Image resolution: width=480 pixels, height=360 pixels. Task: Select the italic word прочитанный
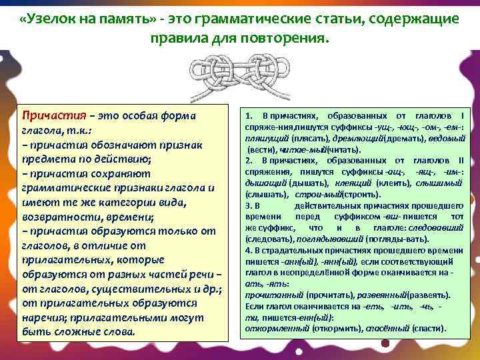pos(267,294)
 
